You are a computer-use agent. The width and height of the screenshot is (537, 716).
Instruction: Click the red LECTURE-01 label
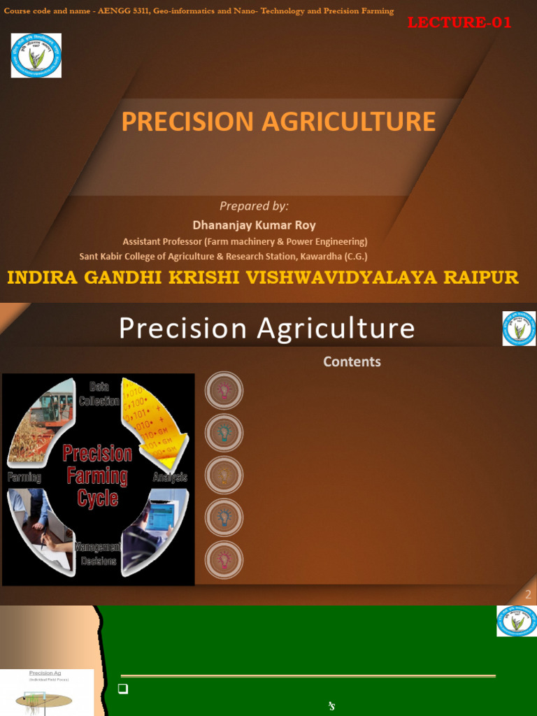coord(459,22)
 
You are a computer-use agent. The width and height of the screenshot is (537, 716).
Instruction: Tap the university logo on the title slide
coord(36,55)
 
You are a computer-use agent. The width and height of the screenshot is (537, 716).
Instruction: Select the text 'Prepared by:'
coord(254,206)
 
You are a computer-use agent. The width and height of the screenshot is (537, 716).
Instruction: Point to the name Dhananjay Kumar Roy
coord(254,225)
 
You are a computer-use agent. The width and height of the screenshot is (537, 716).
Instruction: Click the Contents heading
coord(352,361)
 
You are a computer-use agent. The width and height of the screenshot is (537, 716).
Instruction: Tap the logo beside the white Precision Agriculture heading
coord(519,329)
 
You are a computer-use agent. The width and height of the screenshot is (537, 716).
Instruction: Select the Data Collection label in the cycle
coord(99,394)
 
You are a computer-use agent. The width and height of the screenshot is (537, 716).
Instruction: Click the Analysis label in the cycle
coord(170,478)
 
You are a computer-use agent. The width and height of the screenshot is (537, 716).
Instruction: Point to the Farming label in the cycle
coord(24,478)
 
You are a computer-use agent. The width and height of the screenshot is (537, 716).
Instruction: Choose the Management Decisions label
coord(98,554)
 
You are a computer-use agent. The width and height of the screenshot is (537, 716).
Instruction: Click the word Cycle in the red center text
coord(97,499)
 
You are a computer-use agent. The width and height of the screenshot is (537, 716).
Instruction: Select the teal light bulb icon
coord(224,433)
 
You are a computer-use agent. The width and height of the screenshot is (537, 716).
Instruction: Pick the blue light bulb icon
coord(224,517)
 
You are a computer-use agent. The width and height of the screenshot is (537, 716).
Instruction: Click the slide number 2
coord(529,595)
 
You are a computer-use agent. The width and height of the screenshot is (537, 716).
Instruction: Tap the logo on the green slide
coord(517,621)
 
